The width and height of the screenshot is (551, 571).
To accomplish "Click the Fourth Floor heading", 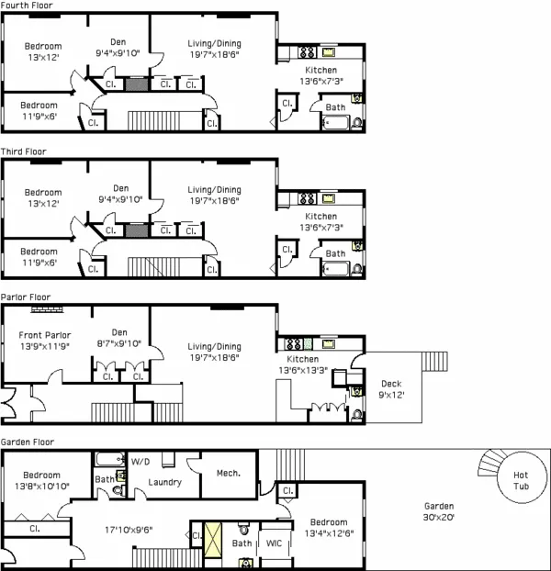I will point(27,6).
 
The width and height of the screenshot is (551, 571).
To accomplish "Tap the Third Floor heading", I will point(24,151).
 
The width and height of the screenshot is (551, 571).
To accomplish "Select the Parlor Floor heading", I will point(26,297).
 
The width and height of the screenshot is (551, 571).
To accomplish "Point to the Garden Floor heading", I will point(28,442).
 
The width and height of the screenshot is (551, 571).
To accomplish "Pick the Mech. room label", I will point(228,473).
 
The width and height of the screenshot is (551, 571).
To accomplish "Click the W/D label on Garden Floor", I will point(141,461).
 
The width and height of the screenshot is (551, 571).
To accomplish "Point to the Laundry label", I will point(163,481).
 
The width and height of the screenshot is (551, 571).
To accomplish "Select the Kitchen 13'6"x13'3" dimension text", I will point(309,370).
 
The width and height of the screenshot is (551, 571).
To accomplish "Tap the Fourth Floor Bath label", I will point(335,107).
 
